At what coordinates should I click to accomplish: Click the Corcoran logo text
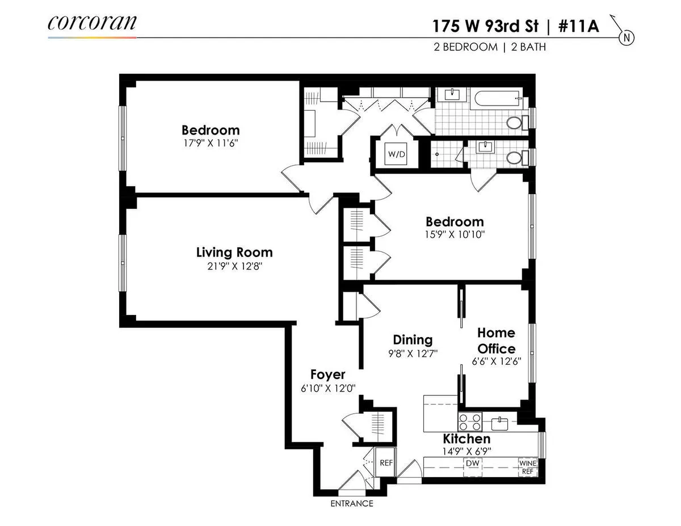(x=92, y=23)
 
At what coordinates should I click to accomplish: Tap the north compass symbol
(x=627, y=38)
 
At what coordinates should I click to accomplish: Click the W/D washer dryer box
(x=395, y=154)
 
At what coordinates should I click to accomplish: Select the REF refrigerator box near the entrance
(x=386, y=462)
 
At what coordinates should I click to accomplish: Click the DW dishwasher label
(x=473, y=463)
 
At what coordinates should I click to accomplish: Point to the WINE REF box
(x=527, y=466)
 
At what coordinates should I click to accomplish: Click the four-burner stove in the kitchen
(x=470, y=422)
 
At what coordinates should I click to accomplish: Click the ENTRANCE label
(x=352, y=503)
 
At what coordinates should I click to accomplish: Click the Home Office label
(x=496, y=340)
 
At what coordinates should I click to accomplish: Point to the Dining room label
(x=413, y=339)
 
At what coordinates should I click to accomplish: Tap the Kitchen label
(x=466, y=439)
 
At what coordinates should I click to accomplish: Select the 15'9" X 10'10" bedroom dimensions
(x=455, y=234)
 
